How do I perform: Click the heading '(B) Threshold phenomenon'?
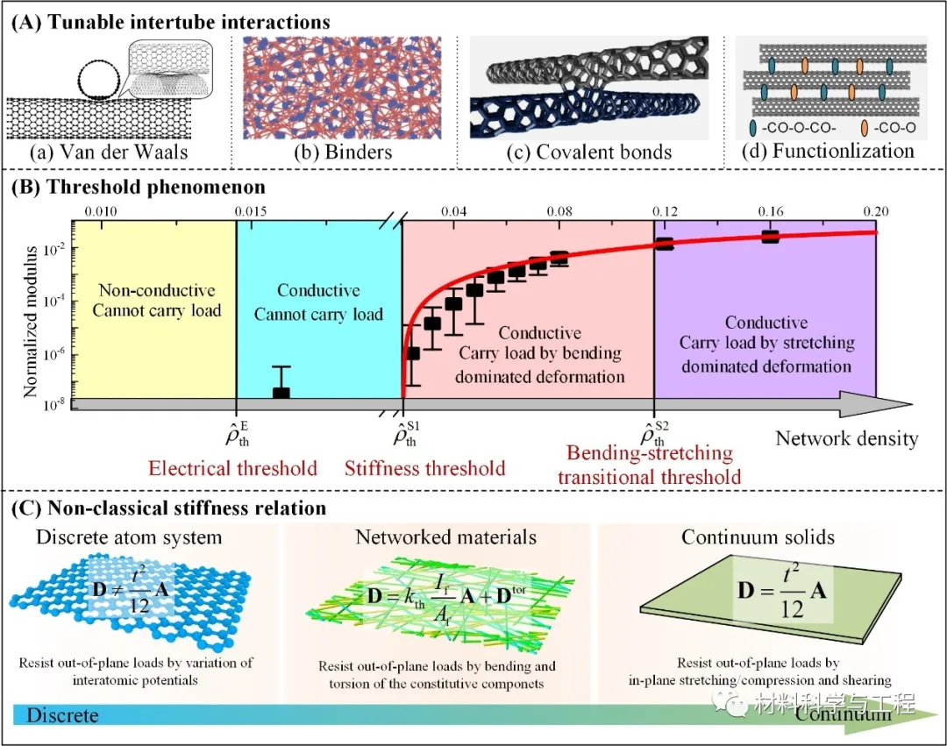[x=137, y=187]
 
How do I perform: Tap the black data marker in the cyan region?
[x=281, y=394]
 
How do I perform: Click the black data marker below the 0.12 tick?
[x=665, y=244]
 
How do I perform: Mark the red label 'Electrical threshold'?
[x=232, y=468]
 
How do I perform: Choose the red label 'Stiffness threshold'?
[x=425, y=468]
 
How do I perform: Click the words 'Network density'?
[x=846, y=437]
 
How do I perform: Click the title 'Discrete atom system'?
[x=129, y=536]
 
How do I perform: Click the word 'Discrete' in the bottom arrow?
[x=62, y=716]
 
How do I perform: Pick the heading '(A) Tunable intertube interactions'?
[x=170, y=21]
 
